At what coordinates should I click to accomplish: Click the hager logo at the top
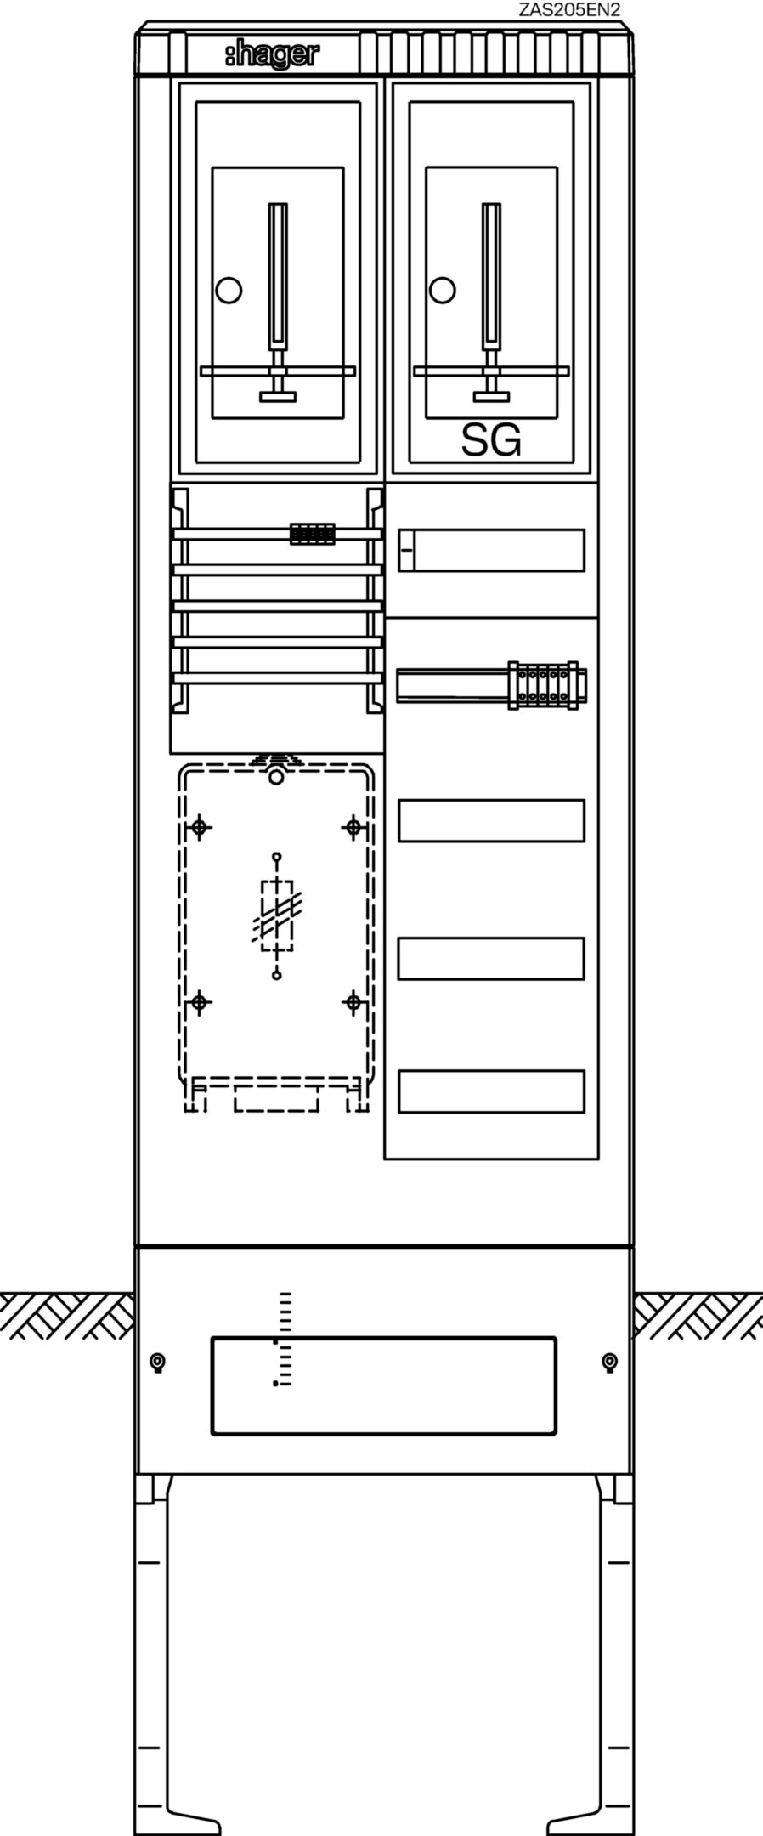coord(273,55)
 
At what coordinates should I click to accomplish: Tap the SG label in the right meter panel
coord(490,440)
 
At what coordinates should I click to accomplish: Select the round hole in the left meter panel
coord(229,290)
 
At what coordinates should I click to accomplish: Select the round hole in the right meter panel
coord(442,290)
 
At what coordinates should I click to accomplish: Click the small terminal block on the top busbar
coord(312,534)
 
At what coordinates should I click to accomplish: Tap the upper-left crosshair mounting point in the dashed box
coord(200,826)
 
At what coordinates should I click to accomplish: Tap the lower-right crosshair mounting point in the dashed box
coord(353,1003)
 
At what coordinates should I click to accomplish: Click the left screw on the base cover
coord(157,1363)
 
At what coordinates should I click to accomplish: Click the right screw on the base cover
coord(609,1363)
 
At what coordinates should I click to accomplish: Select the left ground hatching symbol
coord(67,1316)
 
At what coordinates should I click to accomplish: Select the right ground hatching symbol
coord(698,1316)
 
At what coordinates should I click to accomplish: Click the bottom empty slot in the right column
coord(491,1091)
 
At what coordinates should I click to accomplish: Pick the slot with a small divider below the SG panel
coord(491,550)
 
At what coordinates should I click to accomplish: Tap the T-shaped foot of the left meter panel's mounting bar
coord(278,395)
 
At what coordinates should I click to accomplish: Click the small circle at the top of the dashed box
coord(275,777)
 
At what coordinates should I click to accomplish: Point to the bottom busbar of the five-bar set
coord(277,677)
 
